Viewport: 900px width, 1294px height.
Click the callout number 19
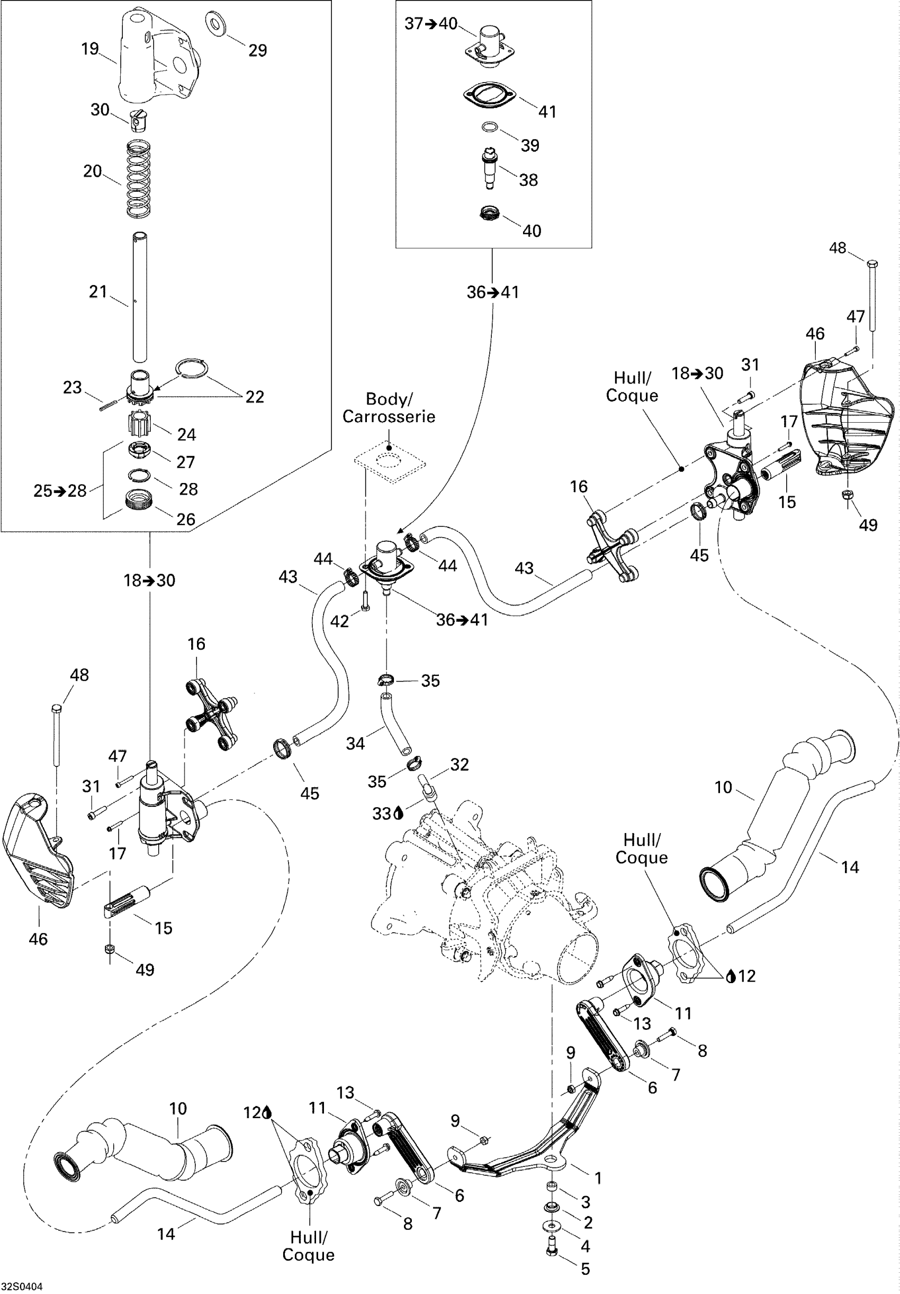coord(90,49)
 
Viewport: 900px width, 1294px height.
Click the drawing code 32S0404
coord(21,1287)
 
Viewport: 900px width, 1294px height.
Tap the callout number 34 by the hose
coord(355,743)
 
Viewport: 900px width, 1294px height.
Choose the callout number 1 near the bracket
coord(598,1178)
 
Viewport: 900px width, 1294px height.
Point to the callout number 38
coord(528,180)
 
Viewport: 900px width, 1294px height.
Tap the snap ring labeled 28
coord(140,475)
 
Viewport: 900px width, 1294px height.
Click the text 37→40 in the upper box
coord(431,24)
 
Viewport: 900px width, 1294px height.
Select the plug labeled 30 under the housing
coord(135,120)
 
